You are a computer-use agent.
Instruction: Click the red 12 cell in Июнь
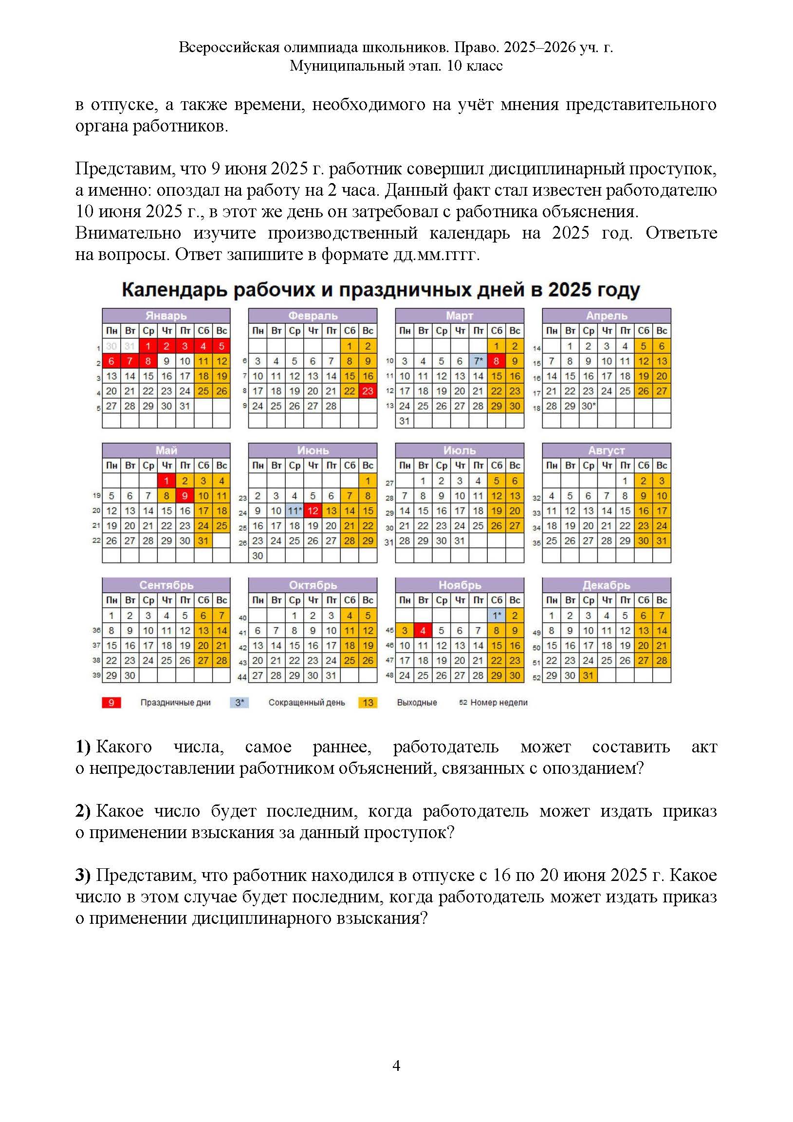313,511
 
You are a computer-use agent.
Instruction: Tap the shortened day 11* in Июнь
295,511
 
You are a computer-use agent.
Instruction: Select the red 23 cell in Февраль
368,391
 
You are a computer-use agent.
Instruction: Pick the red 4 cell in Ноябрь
423,630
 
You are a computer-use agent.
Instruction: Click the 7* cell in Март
479,361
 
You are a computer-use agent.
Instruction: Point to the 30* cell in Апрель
588,406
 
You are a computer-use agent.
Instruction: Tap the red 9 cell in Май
184,496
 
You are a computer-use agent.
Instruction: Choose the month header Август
607,450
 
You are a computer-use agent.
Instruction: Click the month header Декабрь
607,585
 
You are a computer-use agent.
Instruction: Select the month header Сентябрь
166,585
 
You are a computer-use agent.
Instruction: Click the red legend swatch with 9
111,703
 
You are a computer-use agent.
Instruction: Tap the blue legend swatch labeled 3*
240,703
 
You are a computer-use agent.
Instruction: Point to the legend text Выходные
417,703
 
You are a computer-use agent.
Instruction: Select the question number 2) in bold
83,811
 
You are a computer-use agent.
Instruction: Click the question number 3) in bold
83,875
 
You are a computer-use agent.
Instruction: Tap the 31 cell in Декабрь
588,675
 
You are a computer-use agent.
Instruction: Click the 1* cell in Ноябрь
497,616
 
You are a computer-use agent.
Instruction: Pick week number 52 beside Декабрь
536,676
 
